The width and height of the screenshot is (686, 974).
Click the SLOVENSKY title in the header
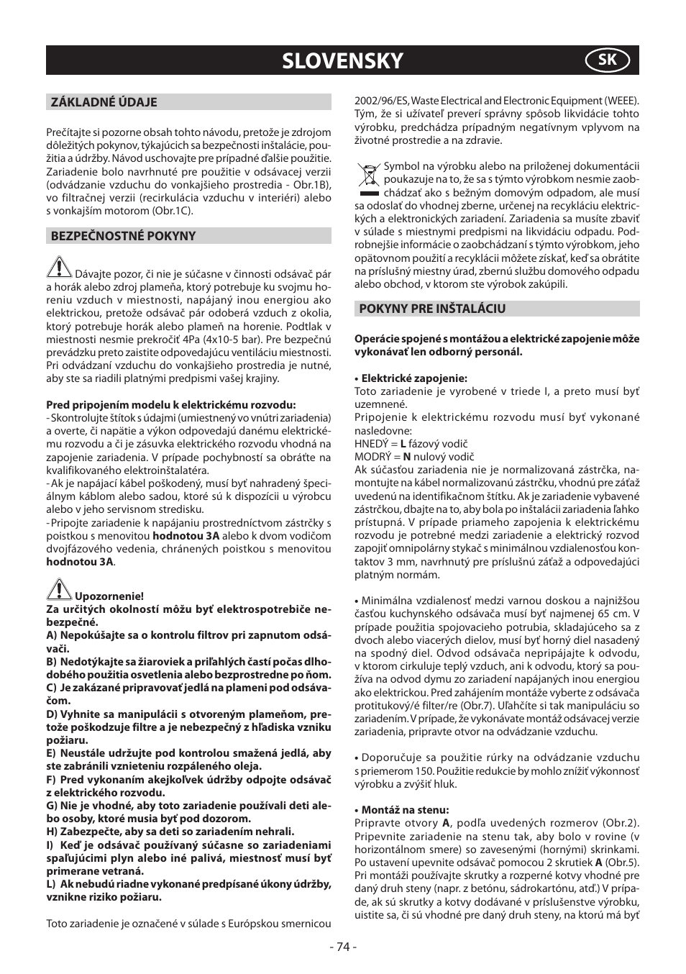pos(342,61)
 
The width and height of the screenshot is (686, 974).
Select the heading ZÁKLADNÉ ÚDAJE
pos(104,102)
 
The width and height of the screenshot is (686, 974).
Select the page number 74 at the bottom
pos(342,947)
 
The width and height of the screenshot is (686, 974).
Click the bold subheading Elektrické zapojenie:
pos(413,378)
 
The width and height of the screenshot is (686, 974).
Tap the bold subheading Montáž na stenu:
pos(405,810)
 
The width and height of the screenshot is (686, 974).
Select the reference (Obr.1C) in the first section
pos(169,211)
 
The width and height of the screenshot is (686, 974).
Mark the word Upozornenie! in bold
pos(109,596)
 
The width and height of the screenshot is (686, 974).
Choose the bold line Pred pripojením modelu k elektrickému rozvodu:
pos(171,405)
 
